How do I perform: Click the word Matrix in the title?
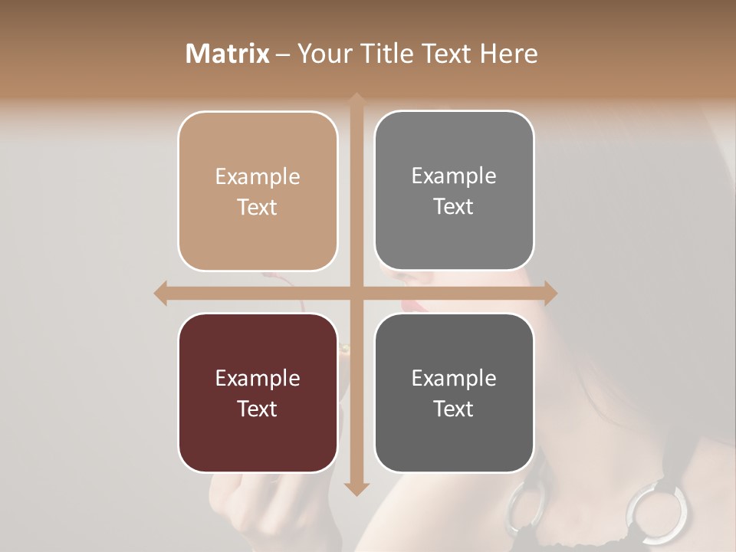point(228,54)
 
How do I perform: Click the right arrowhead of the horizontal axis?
point(550,293)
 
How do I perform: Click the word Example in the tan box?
point(258,177)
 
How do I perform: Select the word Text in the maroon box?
point(258,409)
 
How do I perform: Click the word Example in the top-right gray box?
point(454,176)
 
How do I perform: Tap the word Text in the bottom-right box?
point(454,409)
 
